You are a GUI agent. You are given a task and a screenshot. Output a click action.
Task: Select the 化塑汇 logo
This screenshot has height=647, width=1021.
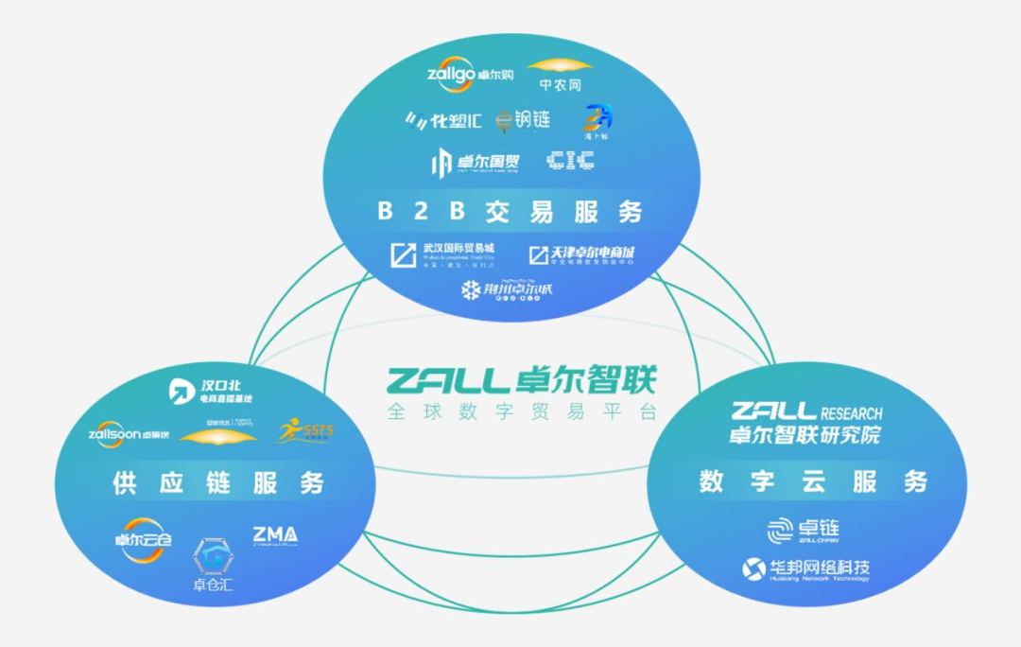pyautogui.click(x=444, y=120)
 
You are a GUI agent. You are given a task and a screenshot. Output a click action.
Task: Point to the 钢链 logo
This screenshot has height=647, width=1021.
pyautogui.click(x=523, y=120)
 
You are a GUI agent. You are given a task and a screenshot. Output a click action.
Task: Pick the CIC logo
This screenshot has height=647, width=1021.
pyautogui.click(x=570, y=161)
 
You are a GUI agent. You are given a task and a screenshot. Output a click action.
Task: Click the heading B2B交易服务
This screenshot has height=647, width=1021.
pyautogui.click(x=510, y=211)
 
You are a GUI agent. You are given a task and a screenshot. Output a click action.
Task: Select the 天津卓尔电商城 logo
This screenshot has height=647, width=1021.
pyautogui.click(x=580, y=254)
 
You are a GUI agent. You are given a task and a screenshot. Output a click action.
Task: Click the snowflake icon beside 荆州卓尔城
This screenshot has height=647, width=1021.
pyautogui.click(x=470, y=289)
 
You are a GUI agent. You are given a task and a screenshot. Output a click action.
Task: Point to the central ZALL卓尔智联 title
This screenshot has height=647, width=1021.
pyautogui.click(x=520, y=380)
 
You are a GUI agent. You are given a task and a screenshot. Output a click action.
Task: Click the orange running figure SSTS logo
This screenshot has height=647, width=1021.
pyautogui.click(x=304, y=431)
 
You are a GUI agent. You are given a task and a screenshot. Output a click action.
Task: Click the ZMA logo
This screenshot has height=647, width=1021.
pyautogui.click(x=275, y=535)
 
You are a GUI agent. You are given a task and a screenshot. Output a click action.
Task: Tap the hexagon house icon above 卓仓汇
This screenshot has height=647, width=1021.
pyautogui.click(x=213, y=556)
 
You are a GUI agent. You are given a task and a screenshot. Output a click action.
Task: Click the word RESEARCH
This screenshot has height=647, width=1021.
pyautogui.click(x=852, y=413)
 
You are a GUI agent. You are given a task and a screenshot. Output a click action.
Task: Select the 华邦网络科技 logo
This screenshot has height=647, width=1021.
pyautogui.click(x=805, y=569)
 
